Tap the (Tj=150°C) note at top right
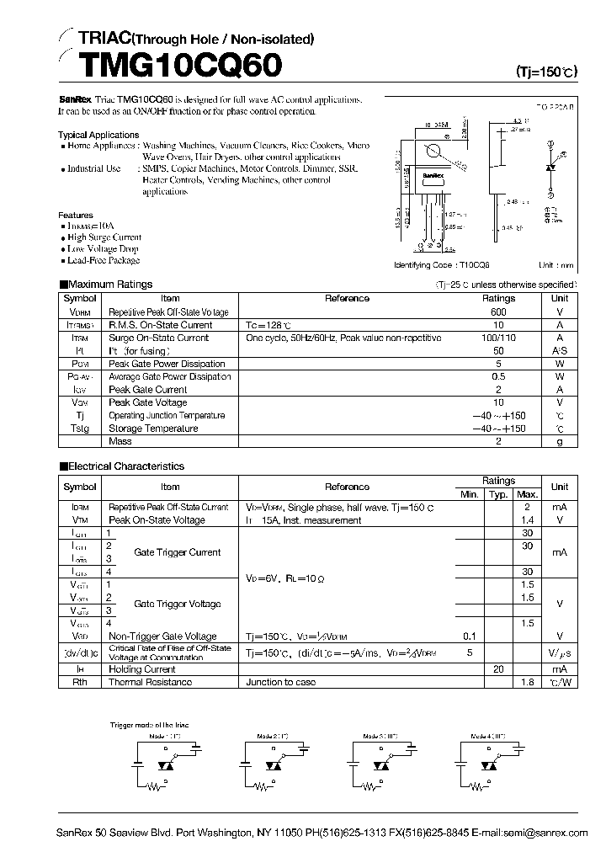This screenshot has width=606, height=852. point(547,72)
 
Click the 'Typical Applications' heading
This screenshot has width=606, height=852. point(98,135)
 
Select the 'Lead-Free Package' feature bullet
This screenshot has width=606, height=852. point(102,260)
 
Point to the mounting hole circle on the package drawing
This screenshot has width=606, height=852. point(434,152)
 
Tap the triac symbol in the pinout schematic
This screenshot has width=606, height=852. point(551,167)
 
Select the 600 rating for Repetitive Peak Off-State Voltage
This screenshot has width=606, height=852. point(498,312)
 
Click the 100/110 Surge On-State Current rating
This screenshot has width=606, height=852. point(498,338)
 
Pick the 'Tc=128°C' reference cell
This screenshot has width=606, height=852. point(268,325)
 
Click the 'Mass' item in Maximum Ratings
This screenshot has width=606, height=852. point(120,441)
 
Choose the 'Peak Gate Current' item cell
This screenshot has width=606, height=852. point(147,390)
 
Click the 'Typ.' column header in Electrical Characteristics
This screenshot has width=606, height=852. point(498,494)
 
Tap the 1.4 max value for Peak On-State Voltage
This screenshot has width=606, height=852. point(527,520)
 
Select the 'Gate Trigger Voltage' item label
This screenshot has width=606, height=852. point(178,604)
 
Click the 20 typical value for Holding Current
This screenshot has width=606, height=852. point(498,669)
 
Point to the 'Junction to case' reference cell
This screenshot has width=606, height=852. point(280,683)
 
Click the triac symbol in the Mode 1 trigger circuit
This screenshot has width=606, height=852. point(164,767)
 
